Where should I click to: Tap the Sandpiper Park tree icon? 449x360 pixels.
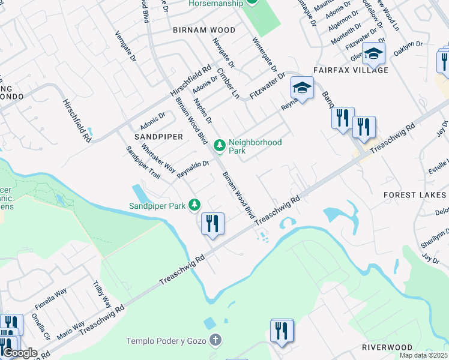(x=194, y=206)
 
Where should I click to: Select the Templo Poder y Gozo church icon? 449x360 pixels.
(x=215, y=341)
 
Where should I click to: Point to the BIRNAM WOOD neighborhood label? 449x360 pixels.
(x=196, y=29)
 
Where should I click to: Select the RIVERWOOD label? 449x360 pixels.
(x=387, y=347)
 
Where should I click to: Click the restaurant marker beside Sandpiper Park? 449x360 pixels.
(x=212, y=224)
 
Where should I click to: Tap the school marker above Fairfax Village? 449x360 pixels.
(x=373, y=55)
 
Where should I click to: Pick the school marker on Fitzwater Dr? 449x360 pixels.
(x=302, y=88)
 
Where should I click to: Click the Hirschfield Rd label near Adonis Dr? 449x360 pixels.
(x=191, y=82)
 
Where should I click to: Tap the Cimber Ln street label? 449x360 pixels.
(x=229, y=83)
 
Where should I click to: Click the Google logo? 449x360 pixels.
(x=20, y=353)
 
